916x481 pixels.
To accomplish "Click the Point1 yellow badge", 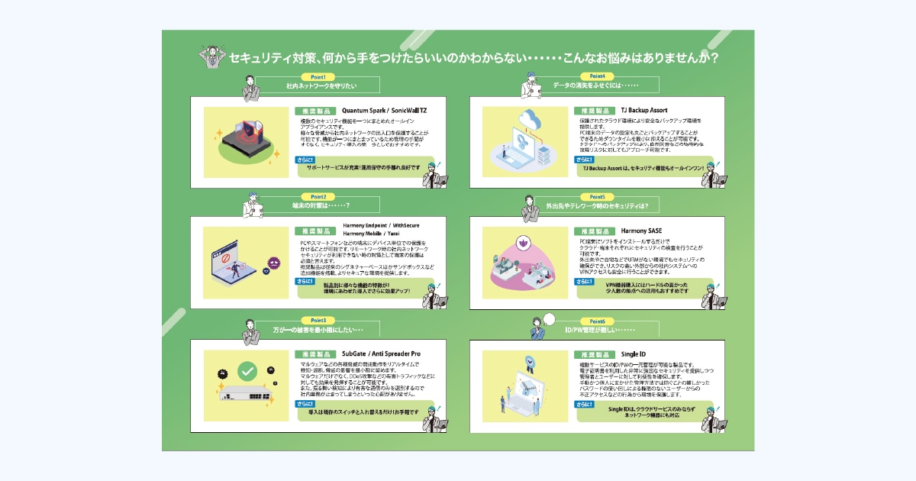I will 318,76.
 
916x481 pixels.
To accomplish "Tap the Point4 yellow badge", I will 598,76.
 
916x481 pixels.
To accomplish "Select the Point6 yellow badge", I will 598,321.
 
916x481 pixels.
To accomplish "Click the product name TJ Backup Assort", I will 643,110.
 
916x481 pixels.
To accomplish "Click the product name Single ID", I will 634,354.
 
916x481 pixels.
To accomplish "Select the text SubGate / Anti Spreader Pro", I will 381,353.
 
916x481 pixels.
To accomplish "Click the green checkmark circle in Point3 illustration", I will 247,372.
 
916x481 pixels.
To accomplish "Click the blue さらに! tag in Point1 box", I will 304,160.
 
